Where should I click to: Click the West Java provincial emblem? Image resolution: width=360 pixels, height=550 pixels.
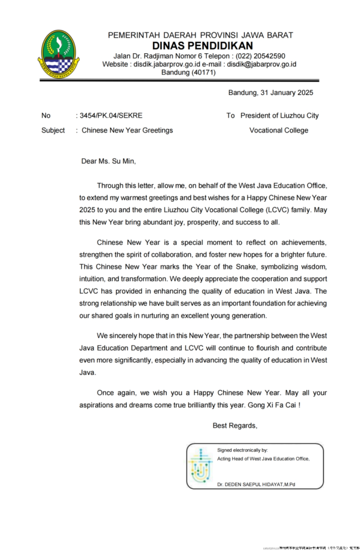pos(59,54)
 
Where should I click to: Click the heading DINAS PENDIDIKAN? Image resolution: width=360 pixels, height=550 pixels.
pos(202,46)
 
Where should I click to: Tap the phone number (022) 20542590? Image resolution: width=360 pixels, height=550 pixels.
pos(260,56)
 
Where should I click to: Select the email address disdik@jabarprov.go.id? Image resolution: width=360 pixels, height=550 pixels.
pos(261,64)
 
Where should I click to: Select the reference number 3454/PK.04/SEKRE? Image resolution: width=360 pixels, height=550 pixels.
pos(111,115)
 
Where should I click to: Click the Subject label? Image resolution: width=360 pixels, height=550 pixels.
pos(53,130)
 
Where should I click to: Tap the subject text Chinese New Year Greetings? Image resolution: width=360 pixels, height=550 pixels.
pos(127,130)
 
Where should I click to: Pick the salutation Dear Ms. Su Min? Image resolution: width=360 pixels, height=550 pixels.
pos(108,161)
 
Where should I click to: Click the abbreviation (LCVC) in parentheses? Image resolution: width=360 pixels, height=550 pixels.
pos(277,210)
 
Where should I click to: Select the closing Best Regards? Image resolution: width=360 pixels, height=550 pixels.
pos(235,425)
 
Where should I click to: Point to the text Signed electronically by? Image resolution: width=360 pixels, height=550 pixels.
pos(242,450)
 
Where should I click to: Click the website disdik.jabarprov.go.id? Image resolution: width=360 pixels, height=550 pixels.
pos(167,64)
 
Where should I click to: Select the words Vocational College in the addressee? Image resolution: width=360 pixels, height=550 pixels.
pos(279,130)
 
